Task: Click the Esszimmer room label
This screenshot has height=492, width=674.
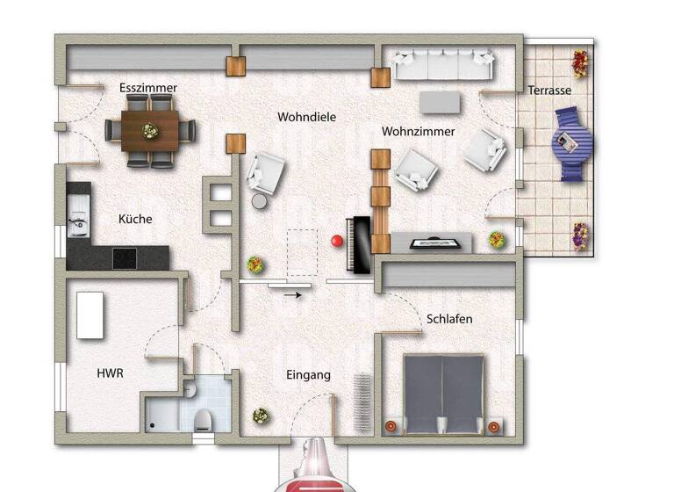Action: [x=148, y=88]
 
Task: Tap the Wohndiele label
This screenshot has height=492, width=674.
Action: [x=307, y=116]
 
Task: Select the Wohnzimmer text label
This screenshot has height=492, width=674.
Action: [x=418, y=132]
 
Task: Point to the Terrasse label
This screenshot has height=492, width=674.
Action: [x=549, y=90]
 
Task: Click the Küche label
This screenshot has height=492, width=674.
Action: [x=135, y=220]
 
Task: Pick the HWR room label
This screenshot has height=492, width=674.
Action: [x=110, y=373]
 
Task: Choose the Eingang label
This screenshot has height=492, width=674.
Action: [x=309, y=375]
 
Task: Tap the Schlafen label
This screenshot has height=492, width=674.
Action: [x=449, y=319]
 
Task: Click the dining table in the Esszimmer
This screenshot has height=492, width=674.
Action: [x=150, y=131]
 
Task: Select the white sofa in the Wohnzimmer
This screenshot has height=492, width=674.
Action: [x=444, y=63]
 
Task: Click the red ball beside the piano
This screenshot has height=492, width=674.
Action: [x=335, y=240]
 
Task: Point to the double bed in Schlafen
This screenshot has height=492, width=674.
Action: [x=443, y=394]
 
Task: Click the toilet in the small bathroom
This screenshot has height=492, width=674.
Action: [x=203, y=419]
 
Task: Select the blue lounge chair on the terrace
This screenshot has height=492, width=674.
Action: [x=572, y=143]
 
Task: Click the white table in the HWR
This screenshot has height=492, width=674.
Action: [x=90, y=315]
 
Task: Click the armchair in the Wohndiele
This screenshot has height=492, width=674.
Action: [x=266, y=174]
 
